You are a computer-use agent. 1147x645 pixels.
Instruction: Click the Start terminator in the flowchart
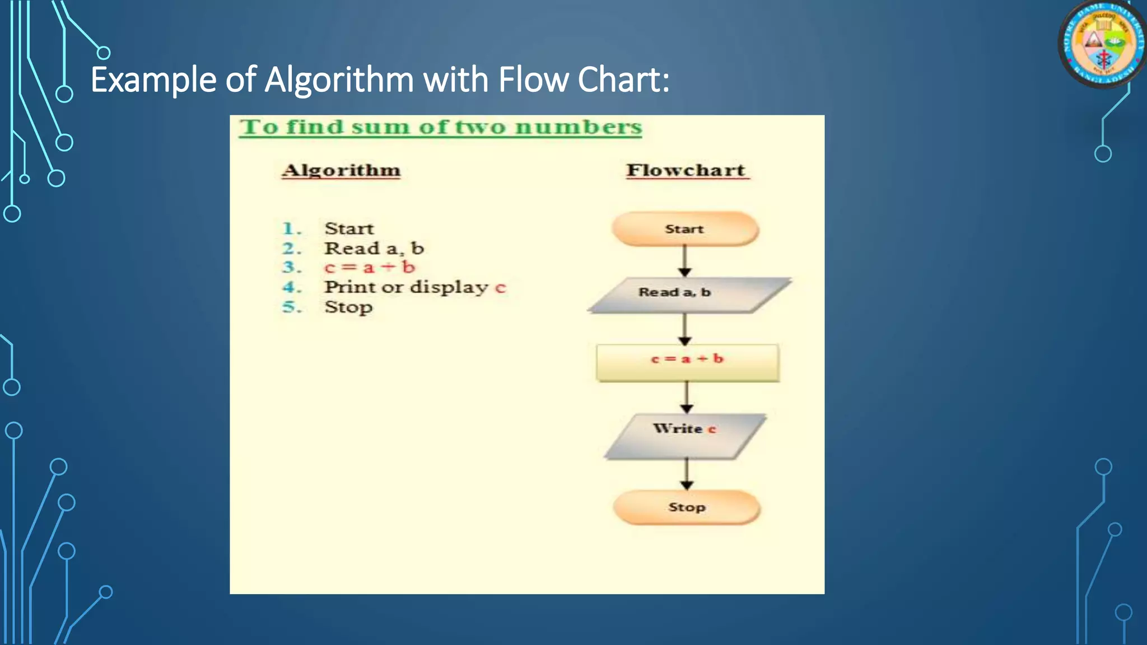tap(685, 229)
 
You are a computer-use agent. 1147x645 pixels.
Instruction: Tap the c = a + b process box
tap(687, 363)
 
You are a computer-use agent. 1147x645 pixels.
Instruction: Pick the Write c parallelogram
tap(685, 436)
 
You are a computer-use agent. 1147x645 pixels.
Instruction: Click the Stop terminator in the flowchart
tap(687, 507)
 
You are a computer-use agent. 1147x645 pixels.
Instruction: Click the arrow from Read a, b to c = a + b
tap(684, 329)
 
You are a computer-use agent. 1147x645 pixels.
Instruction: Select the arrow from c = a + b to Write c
tap(687, 398)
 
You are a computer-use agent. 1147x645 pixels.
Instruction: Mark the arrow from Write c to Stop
tap(687, 474)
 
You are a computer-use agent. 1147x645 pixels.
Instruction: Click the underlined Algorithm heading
tap(341, 170)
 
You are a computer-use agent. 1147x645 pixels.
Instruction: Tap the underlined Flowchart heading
tap(686, 170)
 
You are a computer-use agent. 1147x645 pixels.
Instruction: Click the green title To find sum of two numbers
tap(441, 127)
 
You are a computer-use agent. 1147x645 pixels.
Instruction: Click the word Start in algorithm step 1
tap(349, 228)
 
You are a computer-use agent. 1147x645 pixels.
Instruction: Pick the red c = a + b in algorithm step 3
tap(370, 267)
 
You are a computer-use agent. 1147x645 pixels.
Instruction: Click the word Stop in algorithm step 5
tap(348, 307)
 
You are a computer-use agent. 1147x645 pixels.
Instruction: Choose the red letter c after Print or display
tap(500, 288)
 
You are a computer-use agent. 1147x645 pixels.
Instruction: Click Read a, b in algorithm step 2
tap(374, 248)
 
